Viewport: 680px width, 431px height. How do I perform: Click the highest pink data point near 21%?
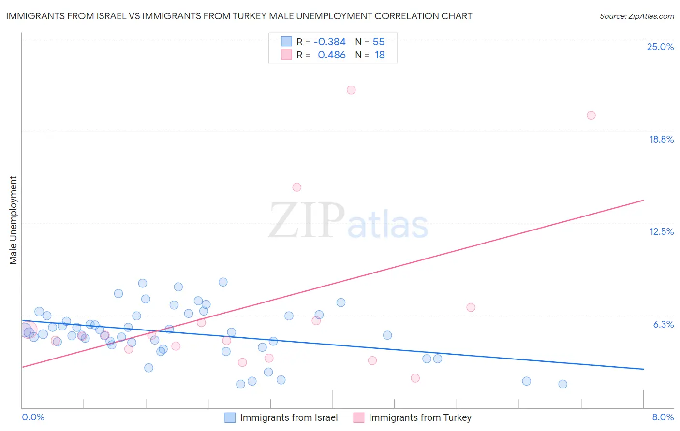(351, 90)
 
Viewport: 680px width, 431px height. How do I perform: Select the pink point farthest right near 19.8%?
(591, 115)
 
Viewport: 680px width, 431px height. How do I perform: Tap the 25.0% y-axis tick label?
(660, 47)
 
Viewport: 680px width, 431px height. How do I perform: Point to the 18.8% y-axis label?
(661, 139)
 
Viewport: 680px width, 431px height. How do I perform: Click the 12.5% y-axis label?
(661, 231)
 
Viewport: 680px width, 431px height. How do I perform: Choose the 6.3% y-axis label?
(663, 324)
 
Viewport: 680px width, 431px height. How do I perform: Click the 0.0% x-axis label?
(33, 417)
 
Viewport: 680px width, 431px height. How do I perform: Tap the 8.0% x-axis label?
(663, 417)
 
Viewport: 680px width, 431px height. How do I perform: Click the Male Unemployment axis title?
(13, 220)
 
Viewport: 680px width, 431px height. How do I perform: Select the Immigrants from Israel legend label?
(289, 417)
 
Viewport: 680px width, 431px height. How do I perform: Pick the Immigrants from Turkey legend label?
(420, 417)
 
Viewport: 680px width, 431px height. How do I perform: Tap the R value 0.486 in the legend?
(331, 55)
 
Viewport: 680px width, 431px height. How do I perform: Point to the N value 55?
(379, 42)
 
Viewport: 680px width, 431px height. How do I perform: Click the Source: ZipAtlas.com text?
(636, 16)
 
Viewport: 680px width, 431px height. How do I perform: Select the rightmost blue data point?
(562, 384)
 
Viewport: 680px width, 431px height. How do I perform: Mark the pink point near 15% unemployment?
(297, 187)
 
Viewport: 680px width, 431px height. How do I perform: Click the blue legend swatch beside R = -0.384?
(286, 42)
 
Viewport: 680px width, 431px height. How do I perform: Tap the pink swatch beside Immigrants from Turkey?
(358, 417)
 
